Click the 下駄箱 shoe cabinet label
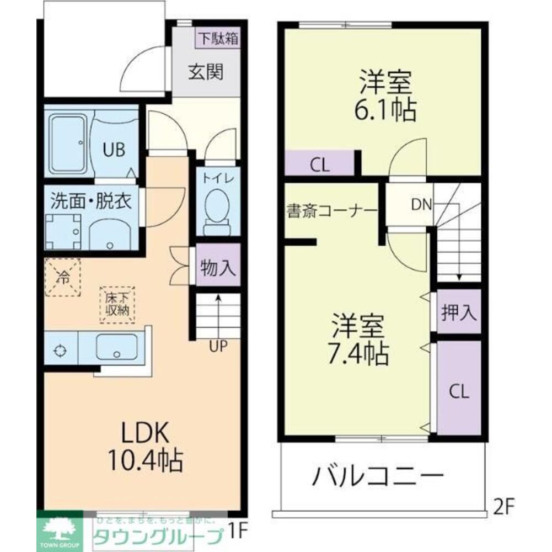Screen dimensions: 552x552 pos(219,39)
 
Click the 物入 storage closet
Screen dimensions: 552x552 pos(218,269)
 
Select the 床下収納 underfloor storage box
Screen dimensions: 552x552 pos(117,304)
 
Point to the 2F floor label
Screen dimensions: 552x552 pos(503,506)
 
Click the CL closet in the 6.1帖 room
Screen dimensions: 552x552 pos(319,165)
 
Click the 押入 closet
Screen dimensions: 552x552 pos(459,312)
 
